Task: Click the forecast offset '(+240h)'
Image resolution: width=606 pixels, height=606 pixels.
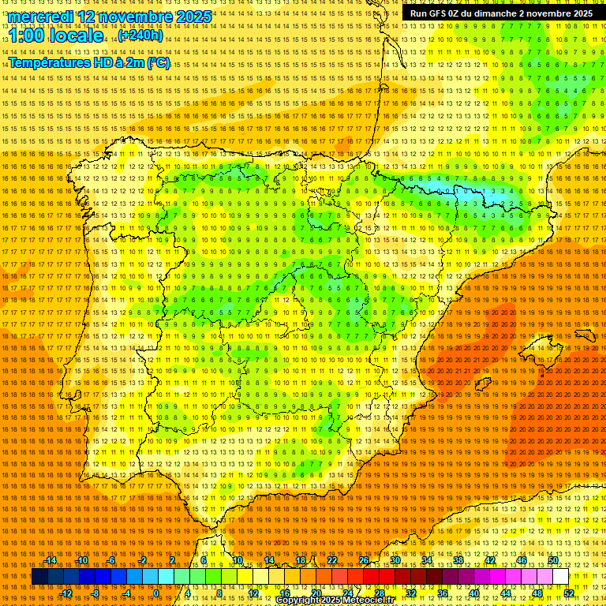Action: [140, 36]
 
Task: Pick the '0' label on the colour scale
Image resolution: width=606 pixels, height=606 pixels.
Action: [156, 593]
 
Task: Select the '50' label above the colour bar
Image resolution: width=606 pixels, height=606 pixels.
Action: [553, 560]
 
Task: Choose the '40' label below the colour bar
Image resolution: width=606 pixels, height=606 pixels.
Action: [474, 593]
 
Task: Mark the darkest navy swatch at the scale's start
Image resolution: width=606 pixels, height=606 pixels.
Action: [39, 577]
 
